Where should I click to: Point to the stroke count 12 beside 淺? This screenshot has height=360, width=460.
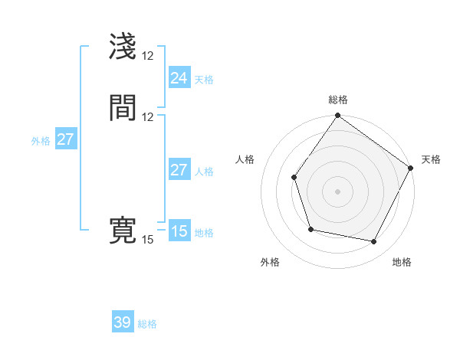coord(147,56)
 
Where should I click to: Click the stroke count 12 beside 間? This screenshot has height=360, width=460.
coord(147,117)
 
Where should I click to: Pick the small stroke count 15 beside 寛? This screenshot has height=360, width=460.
coord(147,240)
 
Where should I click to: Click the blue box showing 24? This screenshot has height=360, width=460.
coord(179,78)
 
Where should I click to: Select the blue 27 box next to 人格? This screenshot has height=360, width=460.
coord(179,170)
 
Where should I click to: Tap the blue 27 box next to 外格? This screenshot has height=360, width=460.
coord(66,139)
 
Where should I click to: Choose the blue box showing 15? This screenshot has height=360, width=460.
coord(179,231)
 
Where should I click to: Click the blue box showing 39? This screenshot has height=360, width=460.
coord(123,322)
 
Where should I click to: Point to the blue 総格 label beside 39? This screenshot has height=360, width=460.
coord(147,325)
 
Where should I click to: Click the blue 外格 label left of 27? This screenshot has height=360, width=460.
coord(41,141)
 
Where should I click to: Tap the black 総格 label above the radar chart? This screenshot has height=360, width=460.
coord(338,100)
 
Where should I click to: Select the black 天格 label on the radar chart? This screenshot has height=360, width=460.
coord(431,159)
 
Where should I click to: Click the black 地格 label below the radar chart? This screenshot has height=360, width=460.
coord(402,263)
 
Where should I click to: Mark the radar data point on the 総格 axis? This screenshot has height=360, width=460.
coord(337,116)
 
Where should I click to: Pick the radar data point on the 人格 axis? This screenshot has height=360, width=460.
coord(294,178)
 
